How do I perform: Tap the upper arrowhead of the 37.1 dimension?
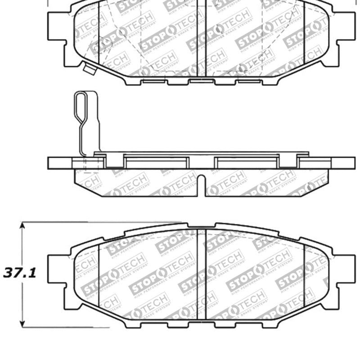(x=22, y=225)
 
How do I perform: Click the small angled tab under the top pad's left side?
(x=89, y=69)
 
